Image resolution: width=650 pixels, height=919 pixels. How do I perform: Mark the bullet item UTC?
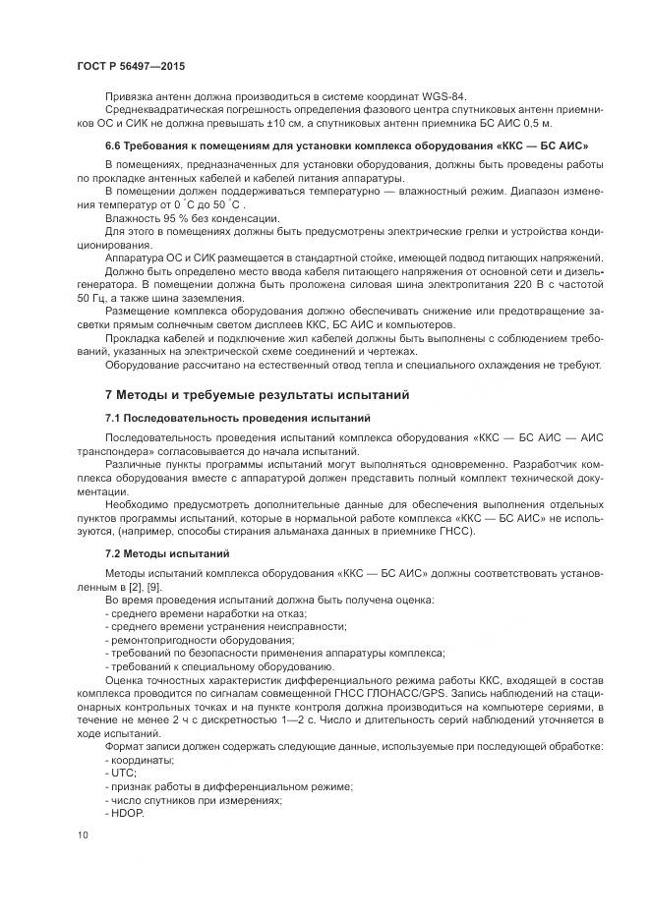[118, 774]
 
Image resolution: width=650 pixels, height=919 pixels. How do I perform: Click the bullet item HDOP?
[124, 813]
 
